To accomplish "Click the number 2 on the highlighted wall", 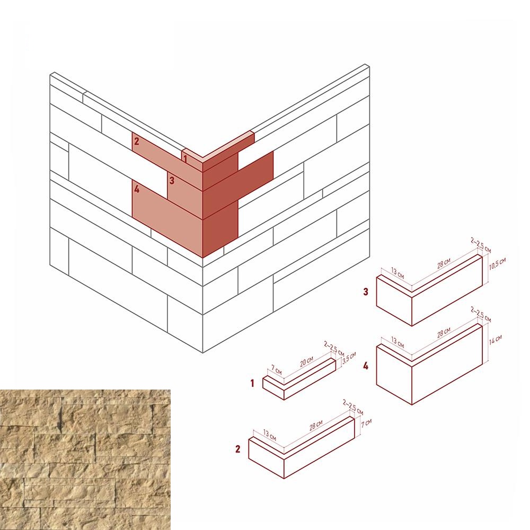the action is click(137, 142).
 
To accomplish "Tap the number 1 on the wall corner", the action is click(185, 158).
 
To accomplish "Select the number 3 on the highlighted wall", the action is click(172, 181).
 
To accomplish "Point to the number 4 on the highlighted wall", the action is click(137, 189).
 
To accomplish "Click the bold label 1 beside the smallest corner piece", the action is click(252, 383).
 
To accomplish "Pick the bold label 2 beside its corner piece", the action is click(238, 449).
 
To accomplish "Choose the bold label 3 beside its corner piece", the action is click(366, 291).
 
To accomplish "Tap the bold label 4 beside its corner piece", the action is click(366, 366).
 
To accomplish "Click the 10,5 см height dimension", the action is click(498, 264).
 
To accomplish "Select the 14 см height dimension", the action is click(495, 339).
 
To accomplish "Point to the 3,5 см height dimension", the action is click(349, 358).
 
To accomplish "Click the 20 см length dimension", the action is click(306, 362).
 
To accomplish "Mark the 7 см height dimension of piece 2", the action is click(366, 423).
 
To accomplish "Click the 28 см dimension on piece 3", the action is click(444, 263).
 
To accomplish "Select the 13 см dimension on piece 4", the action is click(397, 342).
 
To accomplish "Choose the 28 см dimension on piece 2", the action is click(316, 425).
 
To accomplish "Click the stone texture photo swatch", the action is click(85, 460).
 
